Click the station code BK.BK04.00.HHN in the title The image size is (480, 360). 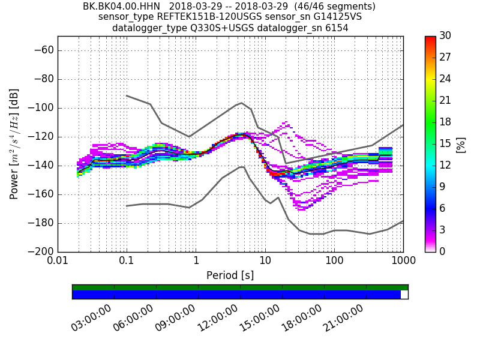click(122, 7)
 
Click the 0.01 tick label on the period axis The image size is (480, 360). click(58, 262)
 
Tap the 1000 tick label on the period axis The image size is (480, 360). click(403, 262)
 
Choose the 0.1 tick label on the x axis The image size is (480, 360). click(127, 262)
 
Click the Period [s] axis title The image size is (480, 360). click(230, 275)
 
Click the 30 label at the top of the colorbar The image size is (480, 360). click(445, 37)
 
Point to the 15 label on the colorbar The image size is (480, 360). click(445, 144)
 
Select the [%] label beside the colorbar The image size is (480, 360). click(461, 144)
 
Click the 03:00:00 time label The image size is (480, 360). click(92, 318)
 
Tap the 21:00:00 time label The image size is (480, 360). click(344, 318)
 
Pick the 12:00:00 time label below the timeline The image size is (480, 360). click(218, 318)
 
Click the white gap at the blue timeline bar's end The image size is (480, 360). click(404, 295)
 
